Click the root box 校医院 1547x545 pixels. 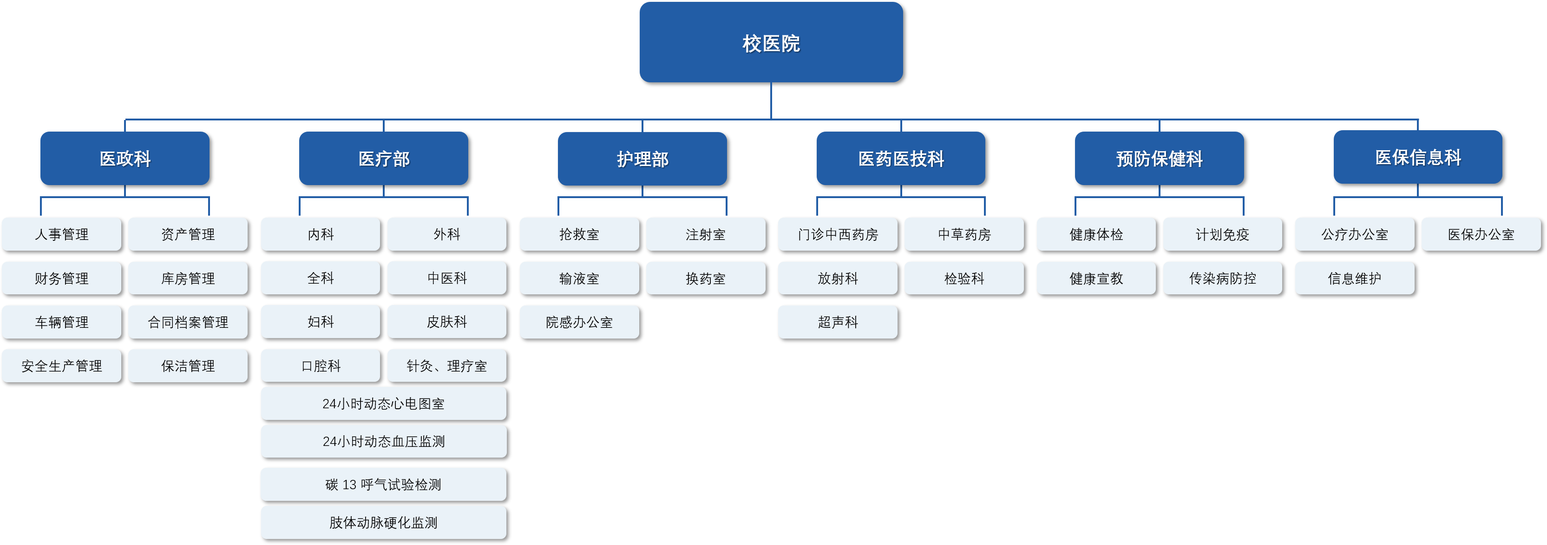[771, 42]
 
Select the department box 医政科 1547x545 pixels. [125, 158]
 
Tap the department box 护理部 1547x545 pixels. [642, 159]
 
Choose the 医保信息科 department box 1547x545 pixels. [1417, 157]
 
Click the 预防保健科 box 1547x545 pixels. [1159, 158]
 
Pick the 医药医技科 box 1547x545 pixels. [901, 158]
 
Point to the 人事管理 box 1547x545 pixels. [61, 234]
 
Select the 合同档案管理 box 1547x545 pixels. [188, 322]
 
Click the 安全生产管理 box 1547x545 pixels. [61, 366]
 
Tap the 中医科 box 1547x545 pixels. [447, 278]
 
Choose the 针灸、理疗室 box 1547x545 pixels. [447, 366]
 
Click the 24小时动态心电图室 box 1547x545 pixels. [383, 404]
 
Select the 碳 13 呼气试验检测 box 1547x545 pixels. [383, 484]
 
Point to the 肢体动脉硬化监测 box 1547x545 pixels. [383, 522]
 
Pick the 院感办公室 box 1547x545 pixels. [579, 322]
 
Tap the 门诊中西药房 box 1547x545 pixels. [838, 234]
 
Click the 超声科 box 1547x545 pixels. [838, 322]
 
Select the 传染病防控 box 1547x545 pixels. [1222, 278]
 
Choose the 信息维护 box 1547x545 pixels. [1354, 278]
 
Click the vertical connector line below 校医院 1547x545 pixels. [771, 100]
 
